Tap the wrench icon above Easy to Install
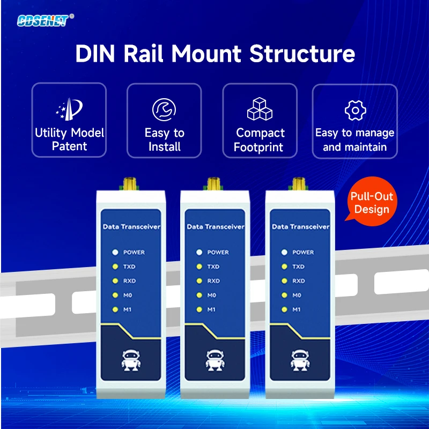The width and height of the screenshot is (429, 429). pyautogui.click(x=164, y=110)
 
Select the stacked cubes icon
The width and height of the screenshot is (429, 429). pyautogui.click(x=260, y=109)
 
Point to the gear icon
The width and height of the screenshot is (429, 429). pyautogui.click(x=355, y=110)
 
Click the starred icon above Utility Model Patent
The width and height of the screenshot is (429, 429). pyautogui.click(x=69, y=109)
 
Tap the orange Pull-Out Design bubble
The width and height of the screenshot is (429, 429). pyautogui.click(x=371, y=202)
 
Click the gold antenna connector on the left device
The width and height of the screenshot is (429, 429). pyautogui.click(x=130, y=184)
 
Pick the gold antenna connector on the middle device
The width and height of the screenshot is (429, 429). pyautogui.click(x=213, y=184)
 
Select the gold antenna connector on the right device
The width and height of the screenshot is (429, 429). pyautogui.click(x=299, y=184)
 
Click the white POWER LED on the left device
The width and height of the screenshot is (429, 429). pyautogui.click(x=115, y=252)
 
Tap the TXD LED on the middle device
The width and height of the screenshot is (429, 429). pyautogui.click(x=199, y=267)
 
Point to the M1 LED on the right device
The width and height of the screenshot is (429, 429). pyautogui.click(x=284, y=309)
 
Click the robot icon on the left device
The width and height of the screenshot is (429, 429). pyautogui.click(x=131, y=360)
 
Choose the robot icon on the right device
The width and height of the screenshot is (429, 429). pyautogui.click(x=300, y=360)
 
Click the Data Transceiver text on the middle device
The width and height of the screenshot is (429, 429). pyautogui.click(x=216, y=227)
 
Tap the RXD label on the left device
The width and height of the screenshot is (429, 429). pyautogui.click(x=129, y=281)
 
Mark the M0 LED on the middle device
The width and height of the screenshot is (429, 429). pyautogui.click(x=199, y=295)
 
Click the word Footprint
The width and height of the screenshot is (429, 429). pyautogui.click(x=258, y=147)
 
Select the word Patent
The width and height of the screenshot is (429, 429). pyautogui.click(x=69, y=146)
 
